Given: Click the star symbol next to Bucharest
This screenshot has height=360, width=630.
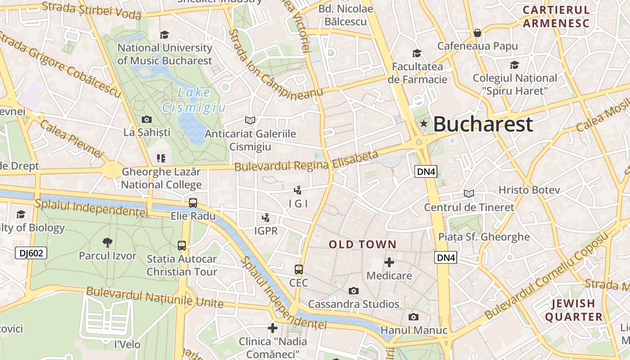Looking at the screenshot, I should (423, 124).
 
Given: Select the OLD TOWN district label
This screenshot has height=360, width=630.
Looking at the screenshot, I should (363, 245).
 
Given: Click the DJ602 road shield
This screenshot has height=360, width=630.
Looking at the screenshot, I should (31, 253).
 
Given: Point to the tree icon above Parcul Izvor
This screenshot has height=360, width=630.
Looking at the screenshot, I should (107, 243).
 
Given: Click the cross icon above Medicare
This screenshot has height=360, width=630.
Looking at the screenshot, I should (389, 262).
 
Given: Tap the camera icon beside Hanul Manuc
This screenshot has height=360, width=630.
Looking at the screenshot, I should (413, 317).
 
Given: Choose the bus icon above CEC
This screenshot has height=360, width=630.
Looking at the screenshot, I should (299, 270).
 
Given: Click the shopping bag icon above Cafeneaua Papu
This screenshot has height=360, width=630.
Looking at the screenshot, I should (477, 33).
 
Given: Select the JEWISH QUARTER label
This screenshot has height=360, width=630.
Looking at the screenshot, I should (574, 310).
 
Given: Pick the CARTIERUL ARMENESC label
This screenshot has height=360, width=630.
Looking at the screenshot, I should (556, 17).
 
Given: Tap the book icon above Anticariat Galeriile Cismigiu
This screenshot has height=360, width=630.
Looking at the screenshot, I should (250, 120).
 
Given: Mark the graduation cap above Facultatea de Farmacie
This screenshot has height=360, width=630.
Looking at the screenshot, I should (417, 54).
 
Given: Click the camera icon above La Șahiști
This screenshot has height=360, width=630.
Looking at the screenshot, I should (147, 119).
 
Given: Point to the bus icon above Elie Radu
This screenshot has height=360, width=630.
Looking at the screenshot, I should (193, 202).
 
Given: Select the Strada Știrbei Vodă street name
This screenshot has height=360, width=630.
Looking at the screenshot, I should (91, 10).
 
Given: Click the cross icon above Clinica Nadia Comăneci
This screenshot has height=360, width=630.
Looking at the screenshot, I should (272, 328).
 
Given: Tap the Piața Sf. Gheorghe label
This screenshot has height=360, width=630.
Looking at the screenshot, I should (484, 237).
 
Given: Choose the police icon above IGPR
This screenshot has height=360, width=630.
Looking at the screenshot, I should (265, 218).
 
